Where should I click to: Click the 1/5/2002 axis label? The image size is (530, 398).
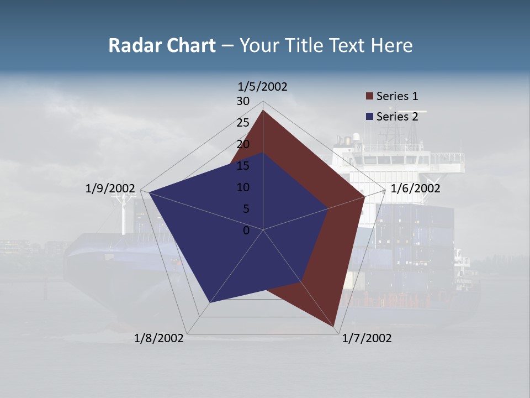pyautogui.click(x=263, y=86)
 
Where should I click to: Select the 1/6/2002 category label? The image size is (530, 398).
pyautogui.click(x=415, y=188)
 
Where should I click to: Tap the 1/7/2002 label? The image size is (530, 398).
pyautogui.click(x=367, y=338)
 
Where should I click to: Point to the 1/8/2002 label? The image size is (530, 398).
pyautogui.click(x=159, y=338)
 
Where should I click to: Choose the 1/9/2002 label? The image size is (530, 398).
pyautogui.click(x=110, y=188)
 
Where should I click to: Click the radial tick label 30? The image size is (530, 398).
pyautogui.click(x=243, y=101)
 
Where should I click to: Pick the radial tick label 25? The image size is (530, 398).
pyautogui.click(x=243, y=123)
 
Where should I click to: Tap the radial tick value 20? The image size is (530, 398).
pyautogui.click(x=243, y=144)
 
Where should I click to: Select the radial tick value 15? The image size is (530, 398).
pyautogui.click(x=243, y=166)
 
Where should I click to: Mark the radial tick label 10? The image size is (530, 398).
pyautogui.click(x=243, y=187)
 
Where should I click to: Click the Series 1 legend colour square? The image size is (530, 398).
pyautogui.click(x=370, y=96)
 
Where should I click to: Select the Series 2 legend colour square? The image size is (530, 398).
pyautogui.click(x=370, y=117)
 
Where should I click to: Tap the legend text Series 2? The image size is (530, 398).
pyautogui.click(x=397, y=117)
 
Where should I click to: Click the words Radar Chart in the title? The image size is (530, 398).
pyautogui.click(x=162, y=45)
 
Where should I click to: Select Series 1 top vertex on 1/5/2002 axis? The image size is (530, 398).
pyautogui.click(x=263, y=111)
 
